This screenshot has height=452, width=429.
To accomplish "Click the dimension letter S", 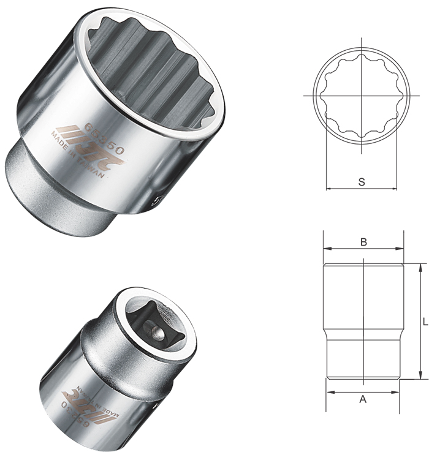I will [x=362, y=181].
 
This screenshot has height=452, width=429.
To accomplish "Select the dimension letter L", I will [x=424, y=321].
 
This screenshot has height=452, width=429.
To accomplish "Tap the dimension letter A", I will [x=362, y=399].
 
